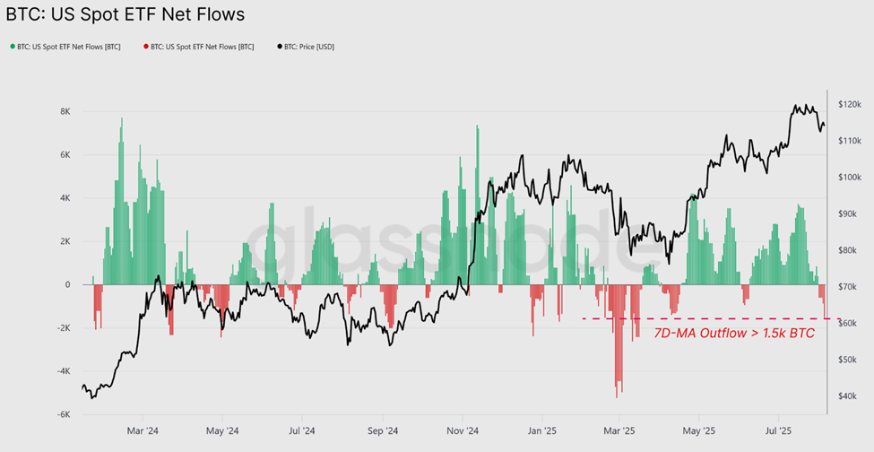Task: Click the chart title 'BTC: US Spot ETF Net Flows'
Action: (x=125, y=15)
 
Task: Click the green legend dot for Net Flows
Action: (x=12, y=46)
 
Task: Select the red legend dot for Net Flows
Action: (x=144, y=46)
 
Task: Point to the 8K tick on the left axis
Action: (x=65, y=111)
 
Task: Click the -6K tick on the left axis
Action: (x=63, y=414)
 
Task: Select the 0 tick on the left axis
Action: (x=67, y=284)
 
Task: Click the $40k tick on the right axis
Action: (x=848, y=395)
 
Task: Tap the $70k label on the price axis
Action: (x=848, y=286)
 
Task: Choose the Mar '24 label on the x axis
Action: (x=142, y=430)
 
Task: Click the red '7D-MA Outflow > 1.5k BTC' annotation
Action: (x=733, y=334)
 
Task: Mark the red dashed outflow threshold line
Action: (x=708, y=318)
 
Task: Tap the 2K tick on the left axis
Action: (x=65, y=241)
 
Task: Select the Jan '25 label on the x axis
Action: (x=541, y=430)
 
